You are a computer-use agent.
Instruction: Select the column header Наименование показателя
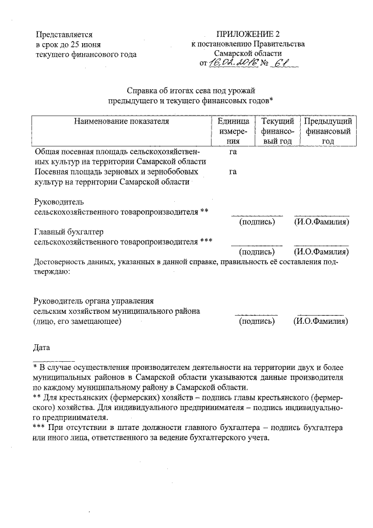[121, 121]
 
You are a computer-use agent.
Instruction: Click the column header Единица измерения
[233, 131]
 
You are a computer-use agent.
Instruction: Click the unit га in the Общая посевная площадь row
[233, 151]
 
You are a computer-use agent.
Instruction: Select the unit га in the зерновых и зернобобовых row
[233, 172]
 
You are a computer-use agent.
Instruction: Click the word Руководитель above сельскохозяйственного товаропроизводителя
[59, 201]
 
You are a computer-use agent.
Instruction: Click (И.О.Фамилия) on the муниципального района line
[321, 321]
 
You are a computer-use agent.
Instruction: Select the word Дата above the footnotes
[43, 348]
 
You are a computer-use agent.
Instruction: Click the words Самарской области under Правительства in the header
[247, 54]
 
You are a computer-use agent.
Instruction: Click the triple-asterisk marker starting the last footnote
[41, 428]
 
